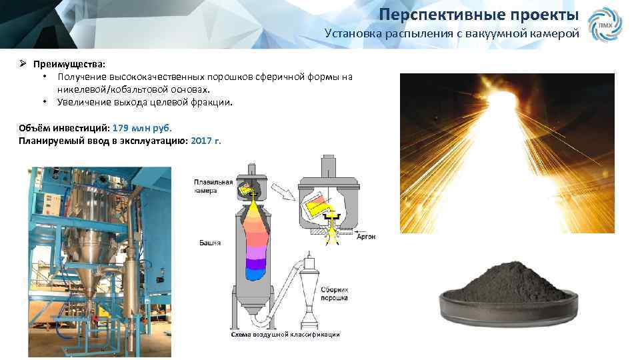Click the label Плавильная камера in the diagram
213,185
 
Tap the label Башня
209,243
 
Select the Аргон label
366,236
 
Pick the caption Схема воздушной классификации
285,334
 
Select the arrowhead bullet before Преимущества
22,64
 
